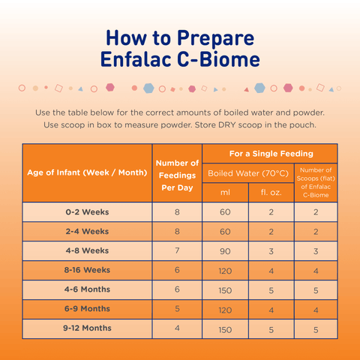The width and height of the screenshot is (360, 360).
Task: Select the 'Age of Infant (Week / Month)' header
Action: coord(87,172)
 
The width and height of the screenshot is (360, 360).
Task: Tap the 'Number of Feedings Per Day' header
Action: coord(177,173)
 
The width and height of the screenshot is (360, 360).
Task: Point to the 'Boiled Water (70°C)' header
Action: coord(247,172)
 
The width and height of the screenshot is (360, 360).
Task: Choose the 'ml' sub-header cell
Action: coord(225,192)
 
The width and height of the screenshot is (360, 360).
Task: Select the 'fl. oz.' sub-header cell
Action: coord(270,192)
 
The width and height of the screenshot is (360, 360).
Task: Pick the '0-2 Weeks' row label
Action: coord(87,212)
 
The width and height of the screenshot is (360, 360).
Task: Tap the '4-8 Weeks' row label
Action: coord(87,251)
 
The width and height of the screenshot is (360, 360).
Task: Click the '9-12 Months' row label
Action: coord(87,328)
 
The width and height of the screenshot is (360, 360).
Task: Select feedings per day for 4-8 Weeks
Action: coord(177,251)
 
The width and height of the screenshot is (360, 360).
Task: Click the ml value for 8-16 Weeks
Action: coord(225,270)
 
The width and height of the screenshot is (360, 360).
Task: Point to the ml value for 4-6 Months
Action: coord(225,289)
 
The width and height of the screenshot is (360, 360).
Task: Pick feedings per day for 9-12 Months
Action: coord(177,328)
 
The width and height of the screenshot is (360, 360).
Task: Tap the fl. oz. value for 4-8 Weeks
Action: coord(270,251)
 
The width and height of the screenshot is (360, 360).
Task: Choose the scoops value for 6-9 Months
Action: coord(315,309)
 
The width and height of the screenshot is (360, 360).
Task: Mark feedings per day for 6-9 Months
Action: coord(177,309)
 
